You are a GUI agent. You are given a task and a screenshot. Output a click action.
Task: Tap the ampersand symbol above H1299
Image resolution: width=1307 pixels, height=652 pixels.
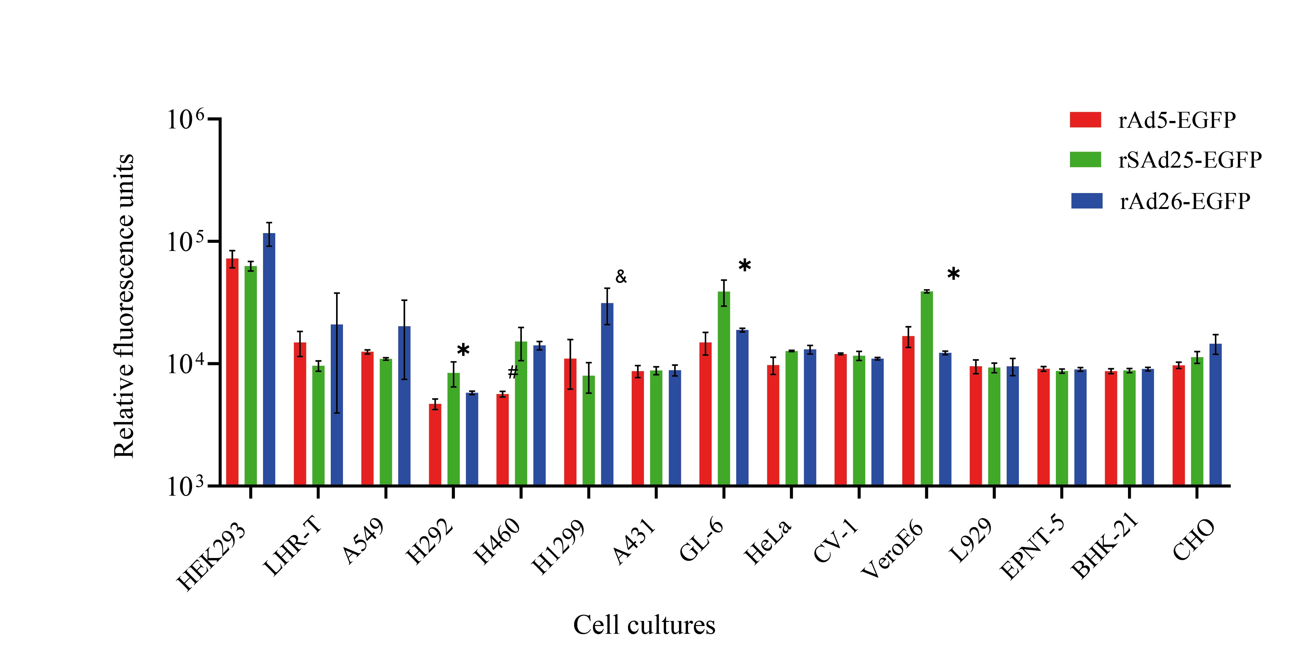click(621, 277)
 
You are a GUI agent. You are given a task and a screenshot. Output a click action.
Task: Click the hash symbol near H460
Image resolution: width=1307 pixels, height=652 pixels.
click(513, 373)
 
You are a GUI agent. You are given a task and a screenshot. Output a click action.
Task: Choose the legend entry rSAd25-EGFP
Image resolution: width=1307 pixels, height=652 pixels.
click(1190, 160)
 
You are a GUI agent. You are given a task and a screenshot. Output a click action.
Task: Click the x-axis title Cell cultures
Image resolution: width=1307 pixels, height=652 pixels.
click(644, 625)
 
